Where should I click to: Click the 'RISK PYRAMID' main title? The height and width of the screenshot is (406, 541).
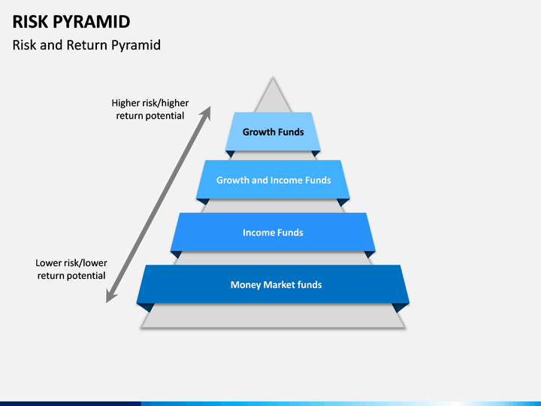pyautogui.click(x=71, y=22)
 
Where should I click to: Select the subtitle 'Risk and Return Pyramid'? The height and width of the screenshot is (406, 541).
pyautogui.click(x=86, y=45)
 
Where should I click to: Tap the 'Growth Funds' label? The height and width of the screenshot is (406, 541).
pyautogui.click(x=273, y=132)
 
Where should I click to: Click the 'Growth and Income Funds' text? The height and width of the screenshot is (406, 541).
pyautogui.click(x=274, y=180)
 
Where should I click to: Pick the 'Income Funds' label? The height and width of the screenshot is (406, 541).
pyautogui.click(x=273, y=232)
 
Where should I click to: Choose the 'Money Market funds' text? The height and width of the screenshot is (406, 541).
pyautogui.click(x=276, y=285)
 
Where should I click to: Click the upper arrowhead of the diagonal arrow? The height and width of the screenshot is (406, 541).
pyautogui.click(x=206, y=112)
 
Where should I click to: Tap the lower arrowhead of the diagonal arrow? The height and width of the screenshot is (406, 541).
pyautogui.click(x=110, y=297)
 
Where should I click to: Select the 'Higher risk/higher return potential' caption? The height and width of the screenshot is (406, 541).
pyautogui.click(x=150, y=109)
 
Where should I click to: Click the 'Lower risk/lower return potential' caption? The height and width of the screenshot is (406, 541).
pyautogui.click(x=71, y=269)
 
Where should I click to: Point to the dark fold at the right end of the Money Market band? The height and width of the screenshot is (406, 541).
pyautogui.click(x=400, y=308)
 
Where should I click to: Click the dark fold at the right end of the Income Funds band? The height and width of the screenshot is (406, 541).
pyautogui.click(x=370, y=254)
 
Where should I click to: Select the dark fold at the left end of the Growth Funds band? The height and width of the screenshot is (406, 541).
pyautogui.click(x=230, y=153)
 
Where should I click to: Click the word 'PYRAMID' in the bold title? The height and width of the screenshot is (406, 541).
pyautogui.click(x=92, y=22)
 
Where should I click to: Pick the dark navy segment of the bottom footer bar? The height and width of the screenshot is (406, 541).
pyautogui.click(x=71, y=404)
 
